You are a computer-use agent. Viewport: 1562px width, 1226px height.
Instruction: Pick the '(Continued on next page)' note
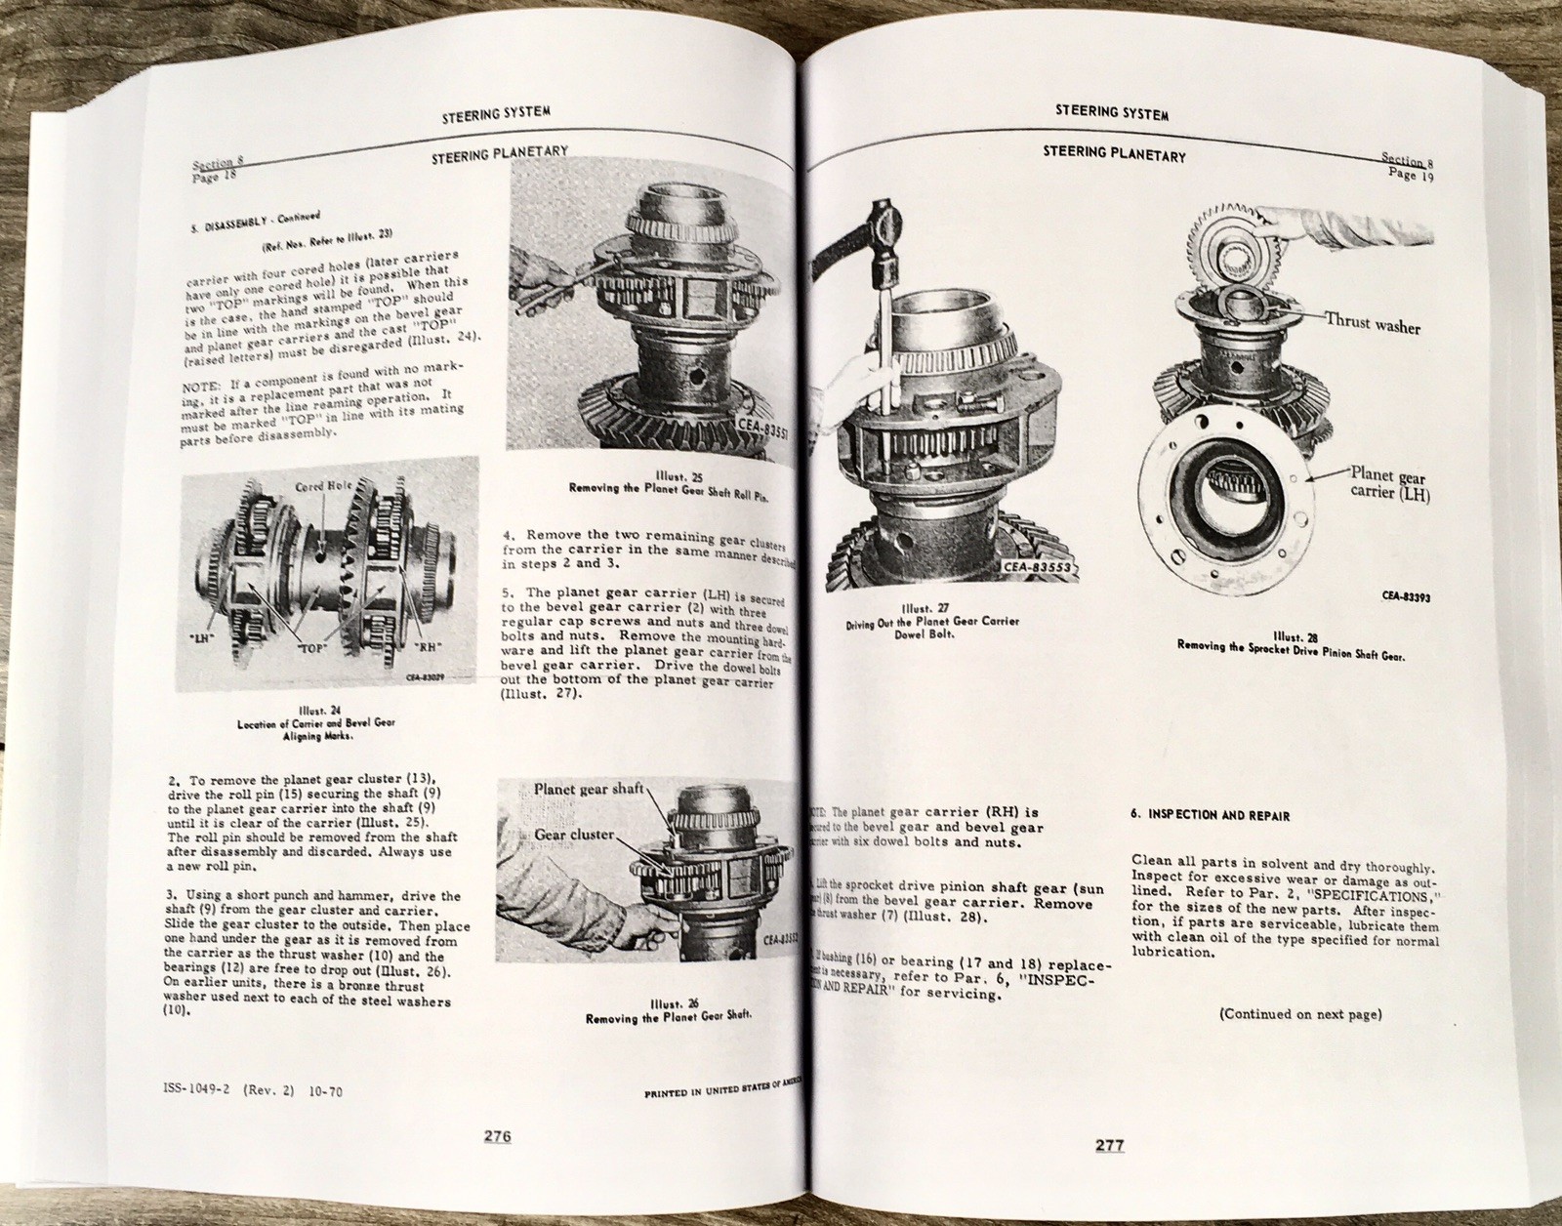[1299, 1014]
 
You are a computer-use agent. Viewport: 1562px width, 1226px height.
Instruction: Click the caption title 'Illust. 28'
[1291, 633]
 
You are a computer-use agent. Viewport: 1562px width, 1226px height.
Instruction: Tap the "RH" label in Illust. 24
[430, 643]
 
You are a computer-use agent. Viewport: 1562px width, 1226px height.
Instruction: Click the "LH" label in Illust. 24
[203, 636]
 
